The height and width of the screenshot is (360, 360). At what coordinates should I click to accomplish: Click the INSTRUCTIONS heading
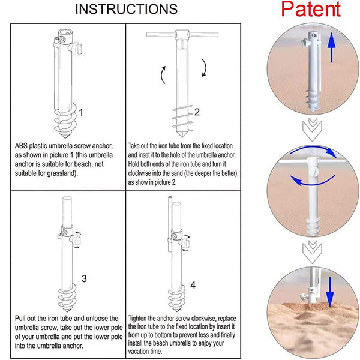[x=126, y=9]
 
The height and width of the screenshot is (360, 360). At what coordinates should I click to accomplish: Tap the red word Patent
[x=311, y=9]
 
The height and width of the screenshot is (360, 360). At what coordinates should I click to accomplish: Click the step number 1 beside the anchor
[x=81, y=113]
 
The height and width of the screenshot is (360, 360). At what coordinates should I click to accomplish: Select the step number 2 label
[x=197, y=112]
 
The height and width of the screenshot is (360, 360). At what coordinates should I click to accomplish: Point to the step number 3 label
[x=84, y=278]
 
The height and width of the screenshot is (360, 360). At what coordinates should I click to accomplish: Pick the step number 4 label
[x=193, y=285]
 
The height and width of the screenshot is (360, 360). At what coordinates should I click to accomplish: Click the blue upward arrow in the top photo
[x=331, y=47]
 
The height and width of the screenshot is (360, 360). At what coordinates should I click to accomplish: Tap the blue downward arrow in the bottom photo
[x=330, y=292]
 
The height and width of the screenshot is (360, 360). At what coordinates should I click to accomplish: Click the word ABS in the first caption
[x=21, y=146]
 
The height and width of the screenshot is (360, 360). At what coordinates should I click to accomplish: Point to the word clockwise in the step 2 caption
[x=139, y=173]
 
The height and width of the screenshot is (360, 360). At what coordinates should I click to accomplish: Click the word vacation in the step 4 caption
[x=139, y=351]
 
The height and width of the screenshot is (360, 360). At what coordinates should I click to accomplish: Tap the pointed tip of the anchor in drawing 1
[x=65, y=138]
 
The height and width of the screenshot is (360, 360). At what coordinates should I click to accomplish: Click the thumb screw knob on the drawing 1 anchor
[x=76, y=48]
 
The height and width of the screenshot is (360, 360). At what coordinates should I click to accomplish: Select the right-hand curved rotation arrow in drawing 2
[x=203, y=68]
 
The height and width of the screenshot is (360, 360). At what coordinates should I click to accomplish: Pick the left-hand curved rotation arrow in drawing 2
[x=163, y=75]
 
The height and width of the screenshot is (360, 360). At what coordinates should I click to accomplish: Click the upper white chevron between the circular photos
[x=312, y=129]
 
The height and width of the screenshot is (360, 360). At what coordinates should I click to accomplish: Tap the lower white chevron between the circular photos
[x=312, y=251]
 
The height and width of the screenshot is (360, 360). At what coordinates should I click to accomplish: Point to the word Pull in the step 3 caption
[x=20, y=319]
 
